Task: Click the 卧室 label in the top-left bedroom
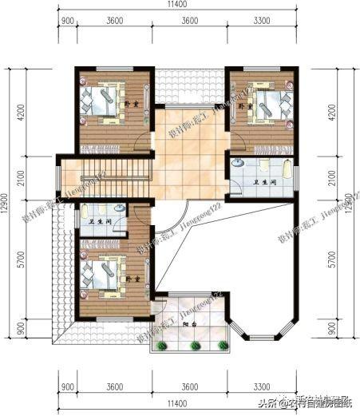tap(135, 104)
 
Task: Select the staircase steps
tap(120, 173)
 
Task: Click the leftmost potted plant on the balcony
tap(163, 346)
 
